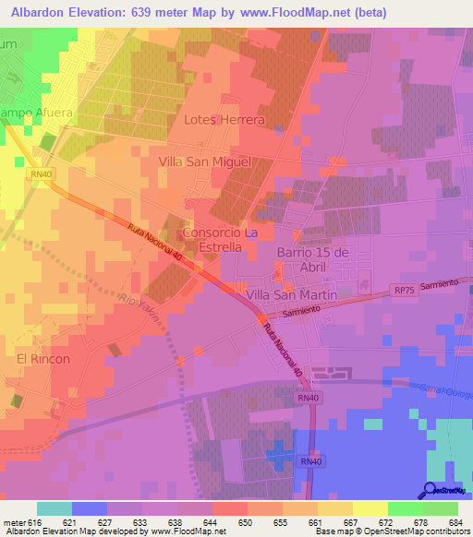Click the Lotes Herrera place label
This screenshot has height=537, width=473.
[x=224, y=120]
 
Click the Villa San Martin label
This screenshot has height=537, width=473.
[x=290, y=294]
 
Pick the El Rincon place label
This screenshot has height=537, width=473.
[x=42, y=359]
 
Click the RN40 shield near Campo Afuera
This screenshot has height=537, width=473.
[x=41, y=173]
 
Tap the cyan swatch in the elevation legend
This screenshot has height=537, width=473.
[x=55, y=508]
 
